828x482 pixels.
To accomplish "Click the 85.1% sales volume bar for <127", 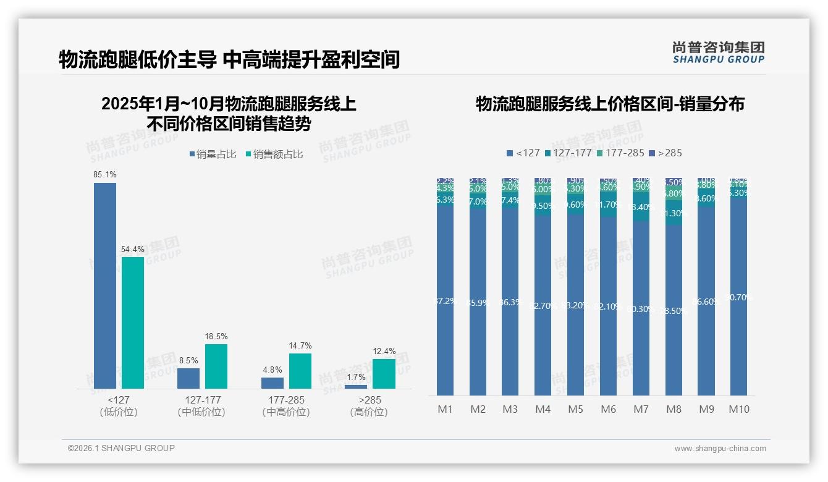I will pos(104,285).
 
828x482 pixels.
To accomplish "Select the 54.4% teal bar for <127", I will pos(133,323).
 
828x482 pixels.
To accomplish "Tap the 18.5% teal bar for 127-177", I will pos(216,366).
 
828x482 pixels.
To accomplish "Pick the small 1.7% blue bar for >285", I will pos(356,387).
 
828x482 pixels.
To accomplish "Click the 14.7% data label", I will pos(300,346).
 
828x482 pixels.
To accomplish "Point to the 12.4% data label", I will pos(384,352).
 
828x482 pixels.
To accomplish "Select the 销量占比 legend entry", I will pos(213,154).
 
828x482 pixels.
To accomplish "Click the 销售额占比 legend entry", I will pos(274,154).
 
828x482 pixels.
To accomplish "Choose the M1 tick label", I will pos(445,409).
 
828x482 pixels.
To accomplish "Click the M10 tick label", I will pos(738,409).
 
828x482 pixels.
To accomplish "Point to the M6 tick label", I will pos(608,409).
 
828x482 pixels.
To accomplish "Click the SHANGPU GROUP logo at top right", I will pos(718,53).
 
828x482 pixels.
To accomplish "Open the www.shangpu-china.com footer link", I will pos(720,449).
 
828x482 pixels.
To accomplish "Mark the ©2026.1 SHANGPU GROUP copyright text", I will pos(121,448).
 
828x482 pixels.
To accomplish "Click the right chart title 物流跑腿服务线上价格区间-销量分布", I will pos(610,104).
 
